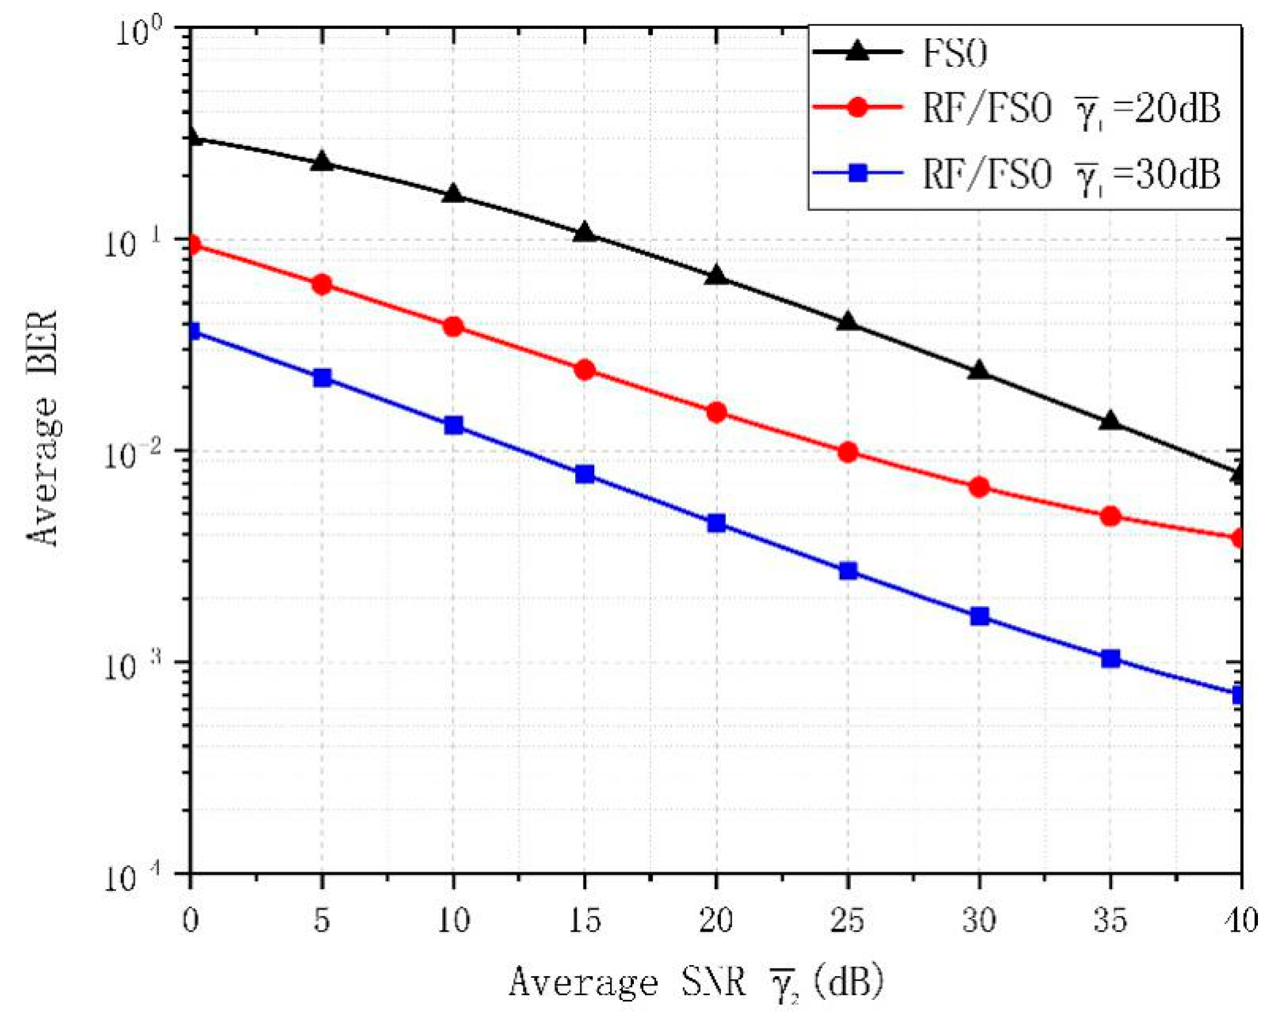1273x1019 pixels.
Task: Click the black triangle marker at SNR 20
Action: pos(716,275)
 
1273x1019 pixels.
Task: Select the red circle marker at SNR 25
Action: pos(848,452)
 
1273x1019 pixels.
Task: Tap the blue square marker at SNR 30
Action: pos(979,617)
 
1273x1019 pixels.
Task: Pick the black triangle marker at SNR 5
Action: pos(322,161)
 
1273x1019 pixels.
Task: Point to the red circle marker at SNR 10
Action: pos(453,327)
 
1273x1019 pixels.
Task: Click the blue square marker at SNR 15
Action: pos(585,474)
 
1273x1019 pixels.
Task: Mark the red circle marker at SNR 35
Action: pos(1110,516)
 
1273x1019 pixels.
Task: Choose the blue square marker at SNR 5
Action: pos(322,378)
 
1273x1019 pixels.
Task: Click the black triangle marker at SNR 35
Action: pos(1110,420)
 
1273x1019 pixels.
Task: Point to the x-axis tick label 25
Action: pos(848,920)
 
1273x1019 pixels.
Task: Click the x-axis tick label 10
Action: pos(453,920)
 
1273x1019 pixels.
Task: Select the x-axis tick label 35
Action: pos(1110,920)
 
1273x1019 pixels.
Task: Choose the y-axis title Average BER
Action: pos(42,428)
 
